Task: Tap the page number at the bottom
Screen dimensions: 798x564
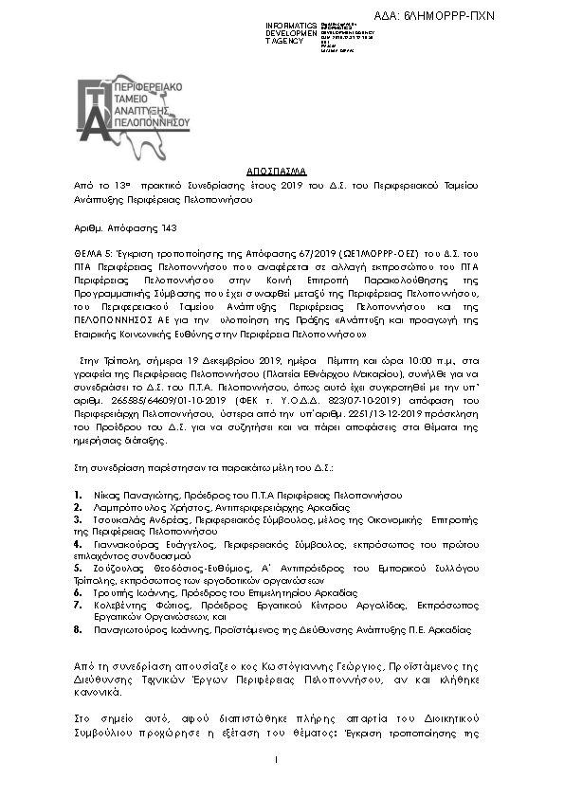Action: (x=275, y=759)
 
